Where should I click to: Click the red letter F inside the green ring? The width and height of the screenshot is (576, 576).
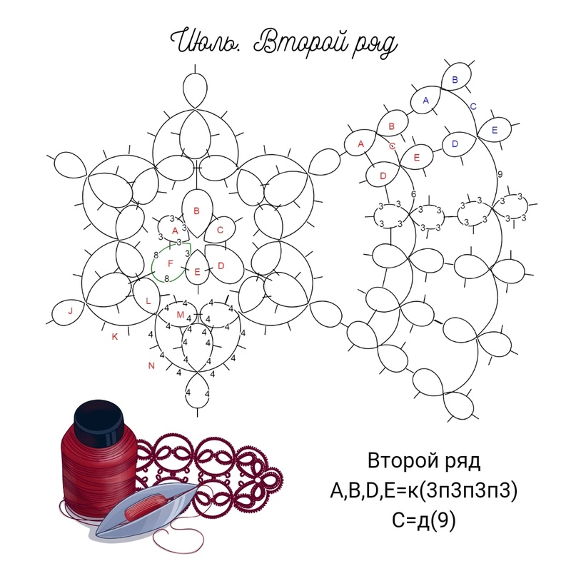pos(170,263)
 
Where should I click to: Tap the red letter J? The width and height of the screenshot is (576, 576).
pos(71,311)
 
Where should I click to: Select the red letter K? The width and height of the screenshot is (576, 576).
pos(115,336)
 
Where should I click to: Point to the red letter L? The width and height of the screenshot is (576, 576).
pos(148,301)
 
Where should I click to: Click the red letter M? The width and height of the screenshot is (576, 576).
pos(181,315)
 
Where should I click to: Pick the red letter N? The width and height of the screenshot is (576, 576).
pos(151,365)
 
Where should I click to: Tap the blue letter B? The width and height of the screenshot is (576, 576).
pos(455,80)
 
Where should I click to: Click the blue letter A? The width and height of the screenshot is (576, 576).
pos(426,101)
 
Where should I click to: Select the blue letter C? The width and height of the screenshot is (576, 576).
pos(473,106)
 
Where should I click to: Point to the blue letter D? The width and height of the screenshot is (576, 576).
pos(455,144)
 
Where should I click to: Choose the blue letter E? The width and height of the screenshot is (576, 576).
pos(495,130)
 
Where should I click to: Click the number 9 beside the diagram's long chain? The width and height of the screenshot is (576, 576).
pos(500,174)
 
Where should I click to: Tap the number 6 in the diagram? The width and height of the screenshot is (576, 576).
pos(414,194)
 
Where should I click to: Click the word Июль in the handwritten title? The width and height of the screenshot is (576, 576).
pos(206,41)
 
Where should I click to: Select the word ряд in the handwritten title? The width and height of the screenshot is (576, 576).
pos(375,45)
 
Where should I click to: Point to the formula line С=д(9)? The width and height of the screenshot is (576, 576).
pos(423,520)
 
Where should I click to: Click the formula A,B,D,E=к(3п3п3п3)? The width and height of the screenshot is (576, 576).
pos(423,490)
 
